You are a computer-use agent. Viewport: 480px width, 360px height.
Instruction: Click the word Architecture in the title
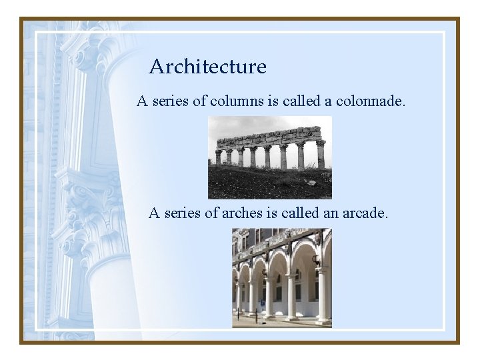click(207, 67)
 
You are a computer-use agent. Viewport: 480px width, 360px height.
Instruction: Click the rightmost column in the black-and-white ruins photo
click(321, 155)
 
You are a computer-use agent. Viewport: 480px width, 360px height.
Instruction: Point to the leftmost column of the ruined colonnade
click(218, 157)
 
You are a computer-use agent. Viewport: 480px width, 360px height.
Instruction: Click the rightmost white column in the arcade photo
click(323, 293)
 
